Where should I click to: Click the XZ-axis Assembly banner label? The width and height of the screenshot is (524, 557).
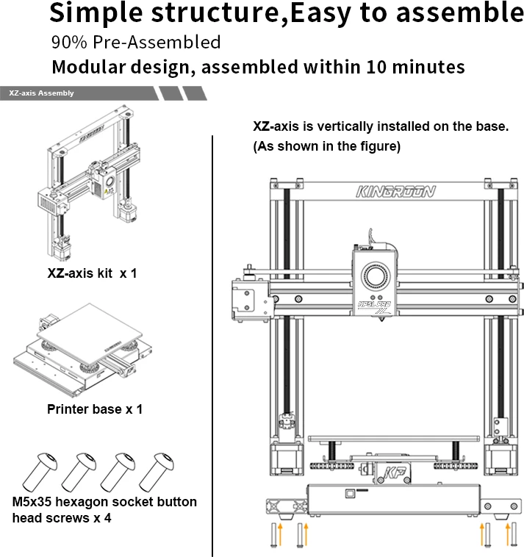click(41, 93)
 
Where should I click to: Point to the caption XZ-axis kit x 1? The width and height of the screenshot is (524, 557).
click(92, 273)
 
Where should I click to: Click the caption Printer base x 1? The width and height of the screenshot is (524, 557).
click(95, 409)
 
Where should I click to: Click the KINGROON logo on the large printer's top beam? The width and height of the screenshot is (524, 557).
click(395, 193)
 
